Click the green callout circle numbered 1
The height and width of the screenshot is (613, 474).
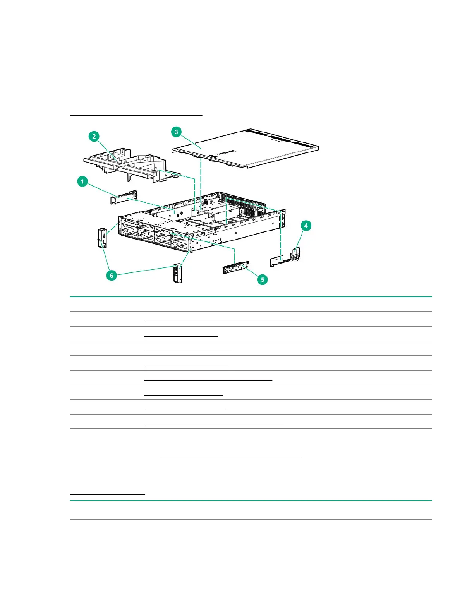click(82, 181)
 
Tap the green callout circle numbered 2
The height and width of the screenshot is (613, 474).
click(94, 136)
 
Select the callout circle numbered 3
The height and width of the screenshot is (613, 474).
click(177, 132)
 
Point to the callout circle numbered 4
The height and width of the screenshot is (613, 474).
click(306, 226)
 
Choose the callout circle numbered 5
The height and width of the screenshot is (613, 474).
click(263, 279)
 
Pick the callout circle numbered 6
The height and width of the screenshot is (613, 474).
click(112, 275)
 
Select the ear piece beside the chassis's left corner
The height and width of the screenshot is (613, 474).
click(102, 238)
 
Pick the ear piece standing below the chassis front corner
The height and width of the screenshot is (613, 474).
click(178, 273)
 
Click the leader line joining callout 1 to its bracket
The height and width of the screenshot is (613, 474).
click(103, 189)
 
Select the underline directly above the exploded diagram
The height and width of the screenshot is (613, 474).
click(136, 115)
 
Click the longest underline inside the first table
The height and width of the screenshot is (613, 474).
click(227, 321)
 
